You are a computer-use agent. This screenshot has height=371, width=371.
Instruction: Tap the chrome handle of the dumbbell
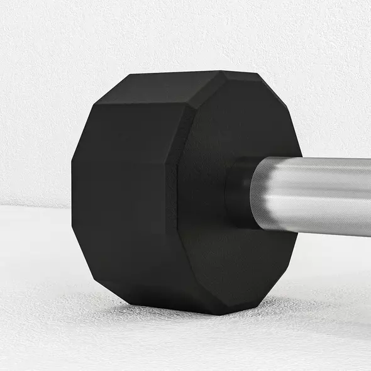(x=314, y=195)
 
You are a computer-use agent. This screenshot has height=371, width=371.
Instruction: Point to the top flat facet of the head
(x=176, y=82)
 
